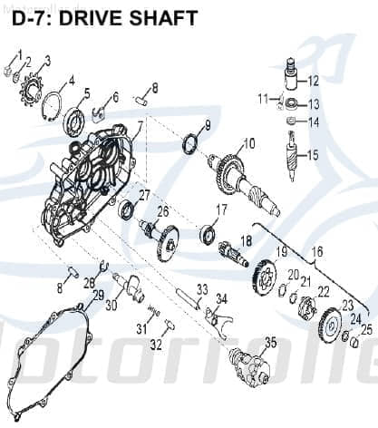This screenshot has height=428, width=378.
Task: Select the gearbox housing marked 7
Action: (86, 172)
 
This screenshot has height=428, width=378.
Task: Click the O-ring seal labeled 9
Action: (191, 143)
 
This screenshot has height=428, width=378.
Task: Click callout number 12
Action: (314, 81)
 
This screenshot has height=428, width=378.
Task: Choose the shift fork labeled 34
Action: (218, 317)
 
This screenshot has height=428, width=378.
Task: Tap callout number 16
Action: (317, 250)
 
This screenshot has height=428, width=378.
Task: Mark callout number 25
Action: (366, 329)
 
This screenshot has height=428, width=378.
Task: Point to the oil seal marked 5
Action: (74, 121)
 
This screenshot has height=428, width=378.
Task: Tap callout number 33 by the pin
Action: (202, 289)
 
